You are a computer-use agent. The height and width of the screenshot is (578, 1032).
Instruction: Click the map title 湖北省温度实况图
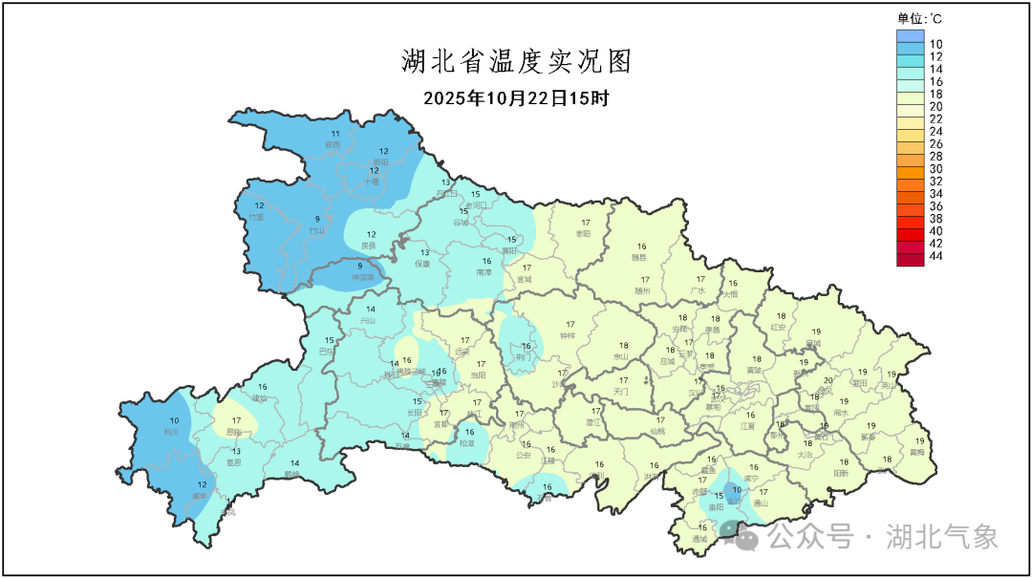click(516, 62)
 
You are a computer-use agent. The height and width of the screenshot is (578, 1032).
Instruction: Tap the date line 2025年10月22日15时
click(516, 97)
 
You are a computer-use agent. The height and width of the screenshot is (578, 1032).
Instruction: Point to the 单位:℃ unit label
click(919, 18)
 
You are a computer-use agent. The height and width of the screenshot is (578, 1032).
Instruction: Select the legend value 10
click(936, 44)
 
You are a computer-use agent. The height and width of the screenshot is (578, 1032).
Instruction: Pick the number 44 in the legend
click(936, 256)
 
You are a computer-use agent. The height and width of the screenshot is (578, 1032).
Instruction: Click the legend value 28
click(936, 156)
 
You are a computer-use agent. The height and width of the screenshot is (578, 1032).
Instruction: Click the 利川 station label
click(172, 432)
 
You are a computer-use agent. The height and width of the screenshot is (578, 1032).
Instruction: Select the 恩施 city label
click(234, 432)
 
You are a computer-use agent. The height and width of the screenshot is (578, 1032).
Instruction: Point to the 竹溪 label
click(255, 217)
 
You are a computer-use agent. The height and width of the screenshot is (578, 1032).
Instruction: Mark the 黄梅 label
click(917, 452)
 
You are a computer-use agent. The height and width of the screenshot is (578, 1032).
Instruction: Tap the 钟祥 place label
click(569, 335)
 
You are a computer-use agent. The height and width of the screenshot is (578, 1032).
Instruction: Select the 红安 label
click(778, 327)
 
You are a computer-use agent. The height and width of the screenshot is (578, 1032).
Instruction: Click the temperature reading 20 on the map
click(828, 379)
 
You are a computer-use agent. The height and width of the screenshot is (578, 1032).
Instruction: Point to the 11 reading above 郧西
click(334, 133)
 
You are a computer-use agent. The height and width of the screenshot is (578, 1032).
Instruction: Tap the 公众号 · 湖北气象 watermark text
click(884, 537)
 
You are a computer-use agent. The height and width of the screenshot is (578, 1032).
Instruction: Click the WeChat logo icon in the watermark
click(744, 538)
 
